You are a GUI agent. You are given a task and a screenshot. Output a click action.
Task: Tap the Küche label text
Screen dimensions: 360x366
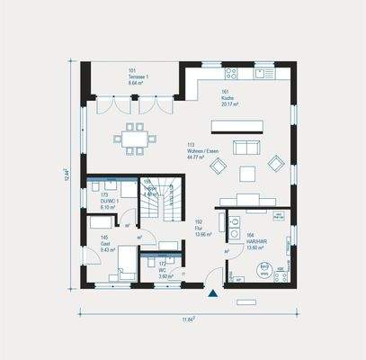point(227,96)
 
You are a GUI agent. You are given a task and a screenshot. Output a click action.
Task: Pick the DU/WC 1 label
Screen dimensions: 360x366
point(111,200)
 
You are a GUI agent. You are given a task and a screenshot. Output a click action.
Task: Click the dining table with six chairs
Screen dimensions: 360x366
point(134,138)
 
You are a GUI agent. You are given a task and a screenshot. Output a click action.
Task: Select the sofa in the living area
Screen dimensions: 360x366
point(245,148)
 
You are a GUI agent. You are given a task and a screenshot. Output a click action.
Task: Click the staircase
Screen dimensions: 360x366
point(167,203)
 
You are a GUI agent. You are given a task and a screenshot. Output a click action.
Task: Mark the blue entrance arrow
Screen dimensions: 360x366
point(211,292)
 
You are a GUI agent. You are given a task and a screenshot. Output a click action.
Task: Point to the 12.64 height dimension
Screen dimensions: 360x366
point(67,173)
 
